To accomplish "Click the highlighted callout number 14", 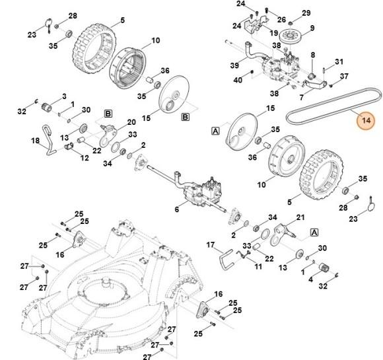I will coord(365,121).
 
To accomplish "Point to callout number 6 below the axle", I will coord(176,209).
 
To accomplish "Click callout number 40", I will coord(238,81).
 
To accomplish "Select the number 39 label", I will coord(234,65).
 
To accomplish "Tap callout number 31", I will coord(339,61).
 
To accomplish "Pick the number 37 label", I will coord(343,77).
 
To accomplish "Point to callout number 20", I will coord(131,122).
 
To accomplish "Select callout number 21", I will coord(300,217).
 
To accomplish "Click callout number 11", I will coord(258,267).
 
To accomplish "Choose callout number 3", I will coord(64,96).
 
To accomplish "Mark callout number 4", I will coord(310,279).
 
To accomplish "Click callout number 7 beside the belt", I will coord(301,97).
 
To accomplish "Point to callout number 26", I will coord(281,18).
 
